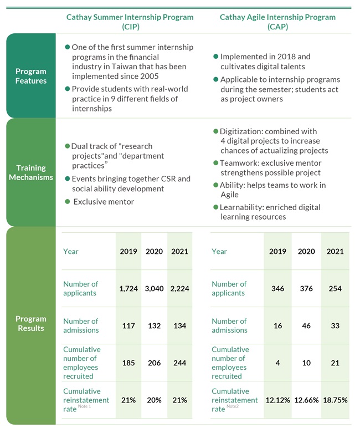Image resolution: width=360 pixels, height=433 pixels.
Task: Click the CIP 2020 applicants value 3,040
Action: click(154, 289)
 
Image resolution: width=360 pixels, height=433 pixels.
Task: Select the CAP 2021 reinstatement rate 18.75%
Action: click(335, 400)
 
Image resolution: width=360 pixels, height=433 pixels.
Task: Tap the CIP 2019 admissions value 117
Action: click(128, 326)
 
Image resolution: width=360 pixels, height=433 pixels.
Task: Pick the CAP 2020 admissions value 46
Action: click(306, 326)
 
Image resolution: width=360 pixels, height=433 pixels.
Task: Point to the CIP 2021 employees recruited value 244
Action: click(179, 363)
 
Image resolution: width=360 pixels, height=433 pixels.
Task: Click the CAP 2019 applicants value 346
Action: click(277, 289)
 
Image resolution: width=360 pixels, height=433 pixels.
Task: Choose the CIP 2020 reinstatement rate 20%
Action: click(154, 400)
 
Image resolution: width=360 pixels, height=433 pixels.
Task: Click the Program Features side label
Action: click(31, 76)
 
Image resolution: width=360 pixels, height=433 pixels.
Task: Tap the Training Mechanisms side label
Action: click(31, 172)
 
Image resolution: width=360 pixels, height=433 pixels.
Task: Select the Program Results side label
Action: click(31, 323)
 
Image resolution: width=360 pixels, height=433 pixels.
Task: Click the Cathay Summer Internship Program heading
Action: click(130, 22)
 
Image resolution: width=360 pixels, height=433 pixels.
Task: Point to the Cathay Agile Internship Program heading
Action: click(277, 22)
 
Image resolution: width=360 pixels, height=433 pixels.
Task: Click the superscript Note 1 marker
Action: click(84, 406)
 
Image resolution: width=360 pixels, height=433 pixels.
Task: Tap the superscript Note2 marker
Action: click(233, 406)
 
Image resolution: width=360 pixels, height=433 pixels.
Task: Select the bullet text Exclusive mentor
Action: click(104, 202)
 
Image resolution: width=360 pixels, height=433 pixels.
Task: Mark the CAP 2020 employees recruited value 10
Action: click(306, 363)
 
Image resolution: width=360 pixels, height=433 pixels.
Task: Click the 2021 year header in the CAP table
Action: click(335, 251)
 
